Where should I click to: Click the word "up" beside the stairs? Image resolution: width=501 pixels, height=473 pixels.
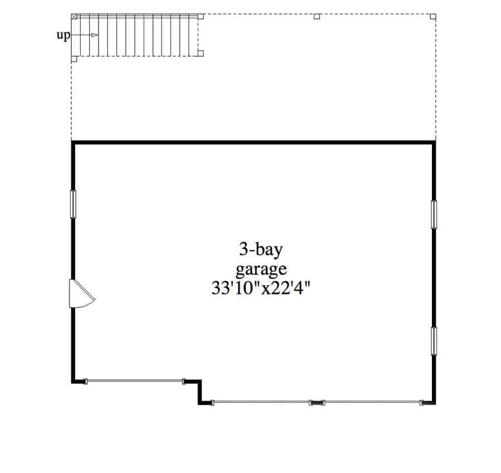pyautogui.click(x=63, y=36)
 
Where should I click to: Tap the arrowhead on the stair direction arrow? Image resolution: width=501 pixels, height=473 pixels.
pyautogui.click(x=94, y=35)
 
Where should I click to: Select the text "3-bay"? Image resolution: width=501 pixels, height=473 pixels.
pyautogui.click(x=261, y=249)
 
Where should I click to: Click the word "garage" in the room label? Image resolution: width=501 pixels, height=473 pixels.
pyautogui.click(x=261, y=269)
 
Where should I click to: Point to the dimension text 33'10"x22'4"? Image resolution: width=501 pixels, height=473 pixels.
pyautogui.click(x=261, y=288)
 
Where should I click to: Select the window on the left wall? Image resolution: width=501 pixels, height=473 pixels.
pyautogui.click(x=73, y=204)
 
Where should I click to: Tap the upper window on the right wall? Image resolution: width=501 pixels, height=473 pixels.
pyautogui.click(x=434, y=214)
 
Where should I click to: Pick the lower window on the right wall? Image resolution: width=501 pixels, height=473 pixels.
pyautogui.click(x=434, y=341)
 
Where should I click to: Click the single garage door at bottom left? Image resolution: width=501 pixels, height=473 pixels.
pyautogui.click(x=135, y=381)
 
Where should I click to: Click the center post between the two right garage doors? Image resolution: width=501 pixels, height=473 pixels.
pyautogui.click(x=317, y=403)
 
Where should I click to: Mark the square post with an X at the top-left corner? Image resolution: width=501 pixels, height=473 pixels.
pyautogui.click(x=74, y=17)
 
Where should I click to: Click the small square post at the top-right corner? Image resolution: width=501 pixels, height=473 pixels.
pyautogui.click(x=433, y=17)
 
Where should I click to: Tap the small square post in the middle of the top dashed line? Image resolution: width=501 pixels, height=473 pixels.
pyautogui.click(x=317, y=17)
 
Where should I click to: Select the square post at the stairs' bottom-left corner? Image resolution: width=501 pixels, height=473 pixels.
pyautogui.click(x=74, y=59)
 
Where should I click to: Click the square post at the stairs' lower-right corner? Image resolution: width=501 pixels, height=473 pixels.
pyautogui.click(x=200, y=53)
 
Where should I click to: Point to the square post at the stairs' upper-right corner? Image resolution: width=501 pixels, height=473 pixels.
pyautogui.click(x=200, y=17)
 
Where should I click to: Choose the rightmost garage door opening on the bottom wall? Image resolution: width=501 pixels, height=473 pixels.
pyautogui.click(x=372, y=402)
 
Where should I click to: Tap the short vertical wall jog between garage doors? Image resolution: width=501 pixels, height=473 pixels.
pyautogui.click(x=200, y=392)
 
